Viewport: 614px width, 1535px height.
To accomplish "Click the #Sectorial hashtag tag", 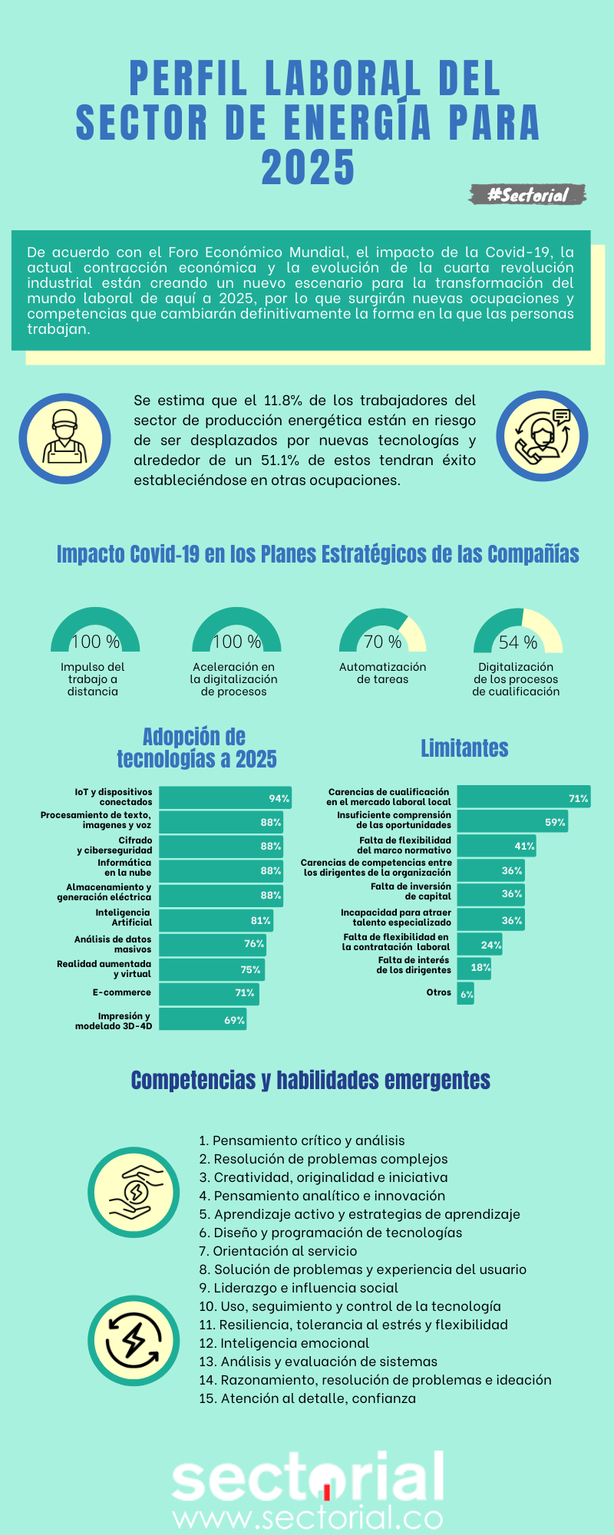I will [528, 195].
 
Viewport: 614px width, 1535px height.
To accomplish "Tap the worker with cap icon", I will [64, 439].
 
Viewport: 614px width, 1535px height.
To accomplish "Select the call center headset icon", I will [542, 436].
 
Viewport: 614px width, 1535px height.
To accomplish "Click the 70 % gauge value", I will [383, 642].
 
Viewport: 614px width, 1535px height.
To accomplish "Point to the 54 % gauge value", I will [518, 642].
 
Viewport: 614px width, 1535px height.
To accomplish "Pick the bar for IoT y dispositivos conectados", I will [225, 797].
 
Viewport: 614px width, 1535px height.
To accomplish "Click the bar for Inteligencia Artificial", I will [216, 920].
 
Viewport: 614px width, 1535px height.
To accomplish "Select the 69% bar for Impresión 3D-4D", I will [203, 1019].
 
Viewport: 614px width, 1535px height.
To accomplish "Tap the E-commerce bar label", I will [122, 992].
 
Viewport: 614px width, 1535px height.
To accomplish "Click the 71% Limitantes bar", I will [523, 797].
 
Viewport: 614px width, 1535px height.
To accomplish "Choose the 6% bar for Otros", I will [466, 994].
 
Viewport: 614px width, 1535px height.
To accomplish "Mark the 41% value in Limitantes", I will [524, 846].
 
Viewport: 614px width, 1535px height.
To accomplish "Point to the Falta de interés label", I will [414, 965].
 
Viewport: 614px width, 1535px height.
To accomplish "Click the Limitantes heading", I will [464, 748].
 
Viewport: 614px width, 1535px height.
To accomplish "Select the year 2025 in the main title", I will [308, 168].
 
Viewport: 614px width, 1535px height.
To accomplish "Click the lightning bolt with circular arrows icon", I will [134, 1341].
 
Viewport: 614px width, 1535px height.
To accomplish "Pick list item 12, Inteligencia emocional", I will [284, 1342].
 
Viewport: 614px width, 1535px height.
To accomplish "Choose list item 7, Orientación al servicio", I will [278, 1250].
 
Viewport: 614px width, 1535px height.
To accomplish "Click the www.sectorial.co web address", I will [308, 1517].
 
